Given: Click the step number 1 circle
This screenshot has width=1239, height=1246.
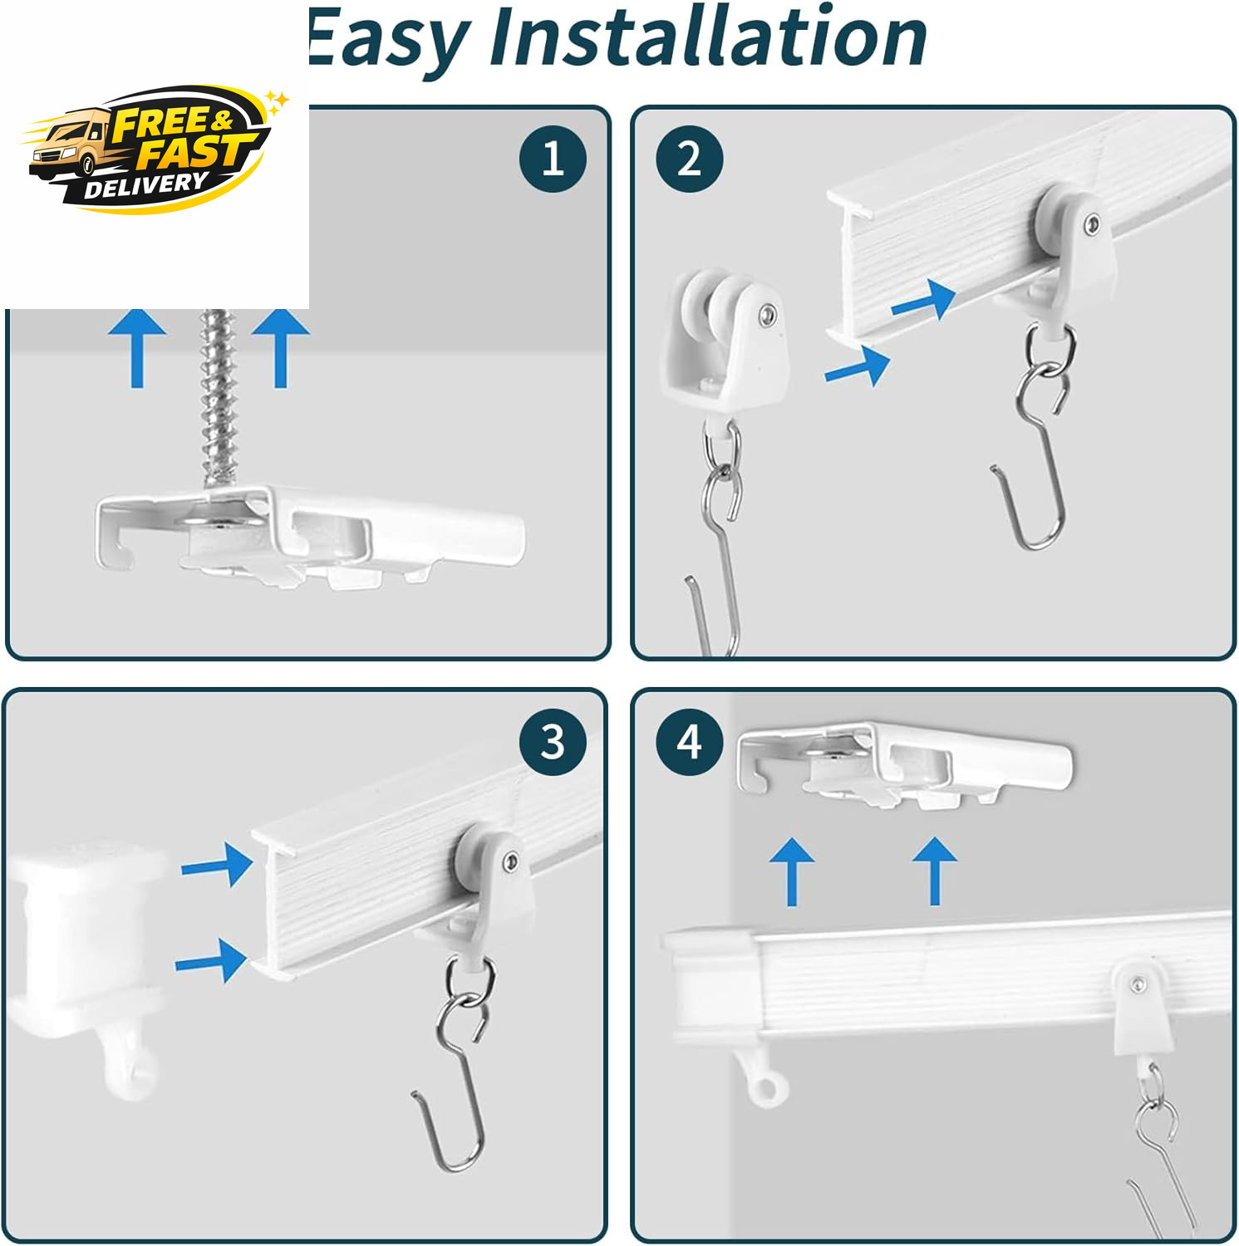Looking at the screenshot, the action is (553, 159).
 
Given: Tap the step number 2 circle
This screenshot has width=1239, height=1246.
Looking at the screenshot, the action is (689, 159).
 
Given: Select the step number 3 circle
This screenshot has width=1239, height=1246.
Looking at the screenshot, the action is (553, 742).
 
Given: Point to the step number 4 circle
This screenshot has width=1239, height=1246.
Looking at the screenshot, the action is (689, 742).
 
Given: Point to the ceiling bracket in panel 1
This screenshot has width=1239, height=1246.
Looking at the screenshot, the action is (309, 537).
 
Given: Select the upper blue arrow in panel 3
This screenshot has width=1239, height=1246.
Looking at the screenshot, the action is (217, 866).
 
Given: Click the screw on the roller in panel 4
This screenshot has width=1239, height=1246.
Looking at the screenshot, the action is (1138, 985).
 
